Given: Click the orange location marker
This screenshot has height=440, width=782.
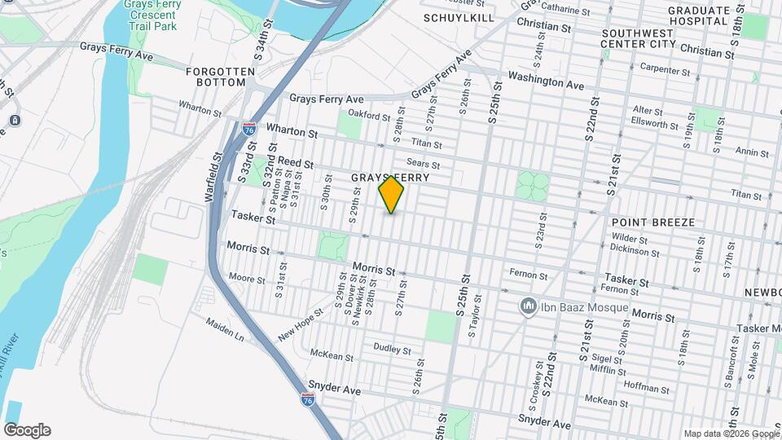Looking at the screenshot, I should (x=391, y=195).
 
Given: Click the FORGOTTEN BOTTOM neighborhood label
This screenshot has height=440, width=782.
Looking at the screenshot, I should (x=215, y=77).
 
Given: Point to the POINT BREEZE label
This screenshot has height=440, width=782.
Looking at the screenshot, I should (x=653, y=222).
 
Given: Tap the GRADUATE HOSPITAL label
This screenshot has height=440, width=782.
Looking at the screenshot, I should (x=699, y=15).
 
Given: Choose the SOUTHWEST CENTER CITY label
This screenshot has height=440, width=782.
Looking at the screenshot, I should (x=644, y=39).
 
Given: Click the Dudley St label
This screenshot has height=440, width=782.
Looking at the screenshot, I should (x=392, y=350).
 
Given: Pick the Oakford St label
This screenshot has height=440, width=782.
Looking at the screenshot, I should (x=370, y=114).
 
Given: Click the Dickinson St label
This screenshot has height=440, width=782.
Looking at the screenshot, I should (x=635, y=252).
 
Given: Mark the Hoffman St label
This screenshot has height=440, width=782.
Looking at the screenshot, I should (x=646, y=384).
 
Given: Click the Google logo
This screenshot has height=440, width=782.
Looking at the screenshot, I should (x=27, y=430).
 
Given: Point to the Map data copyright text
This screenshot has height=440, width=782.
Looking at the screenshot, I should (x=731, y=433).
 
